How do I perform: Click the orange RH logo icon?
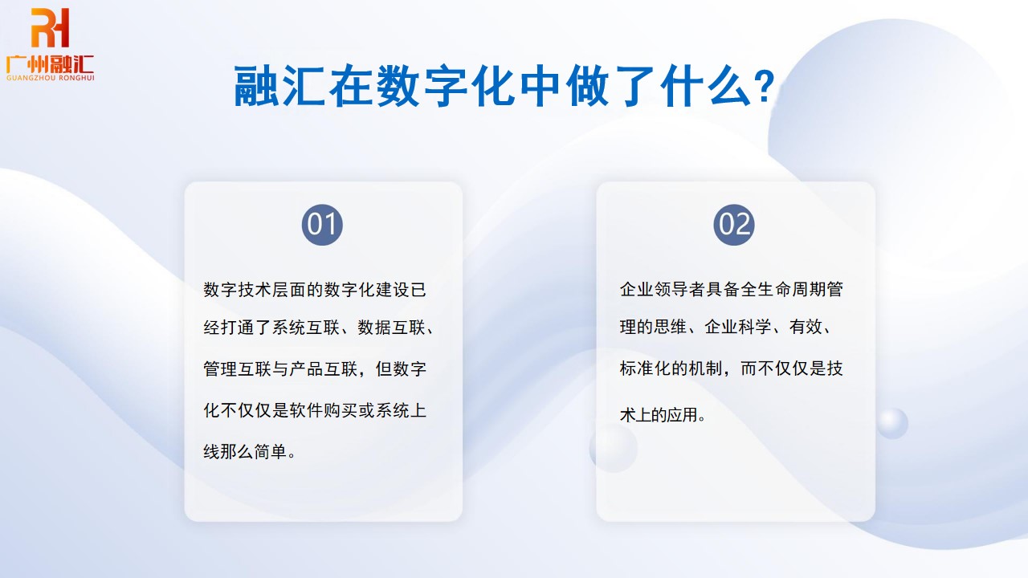point(50,28)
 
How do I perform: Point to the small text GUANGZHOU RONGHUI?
point(50,78)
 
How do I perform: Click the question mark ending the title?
point(765,87)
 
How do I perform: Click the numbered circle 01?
point(322,225)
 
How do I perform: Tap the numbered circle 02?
point(734,225)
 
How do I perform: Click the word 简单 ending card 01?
point(268,452)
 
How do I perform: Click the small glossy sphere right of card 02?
point(891,422)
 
